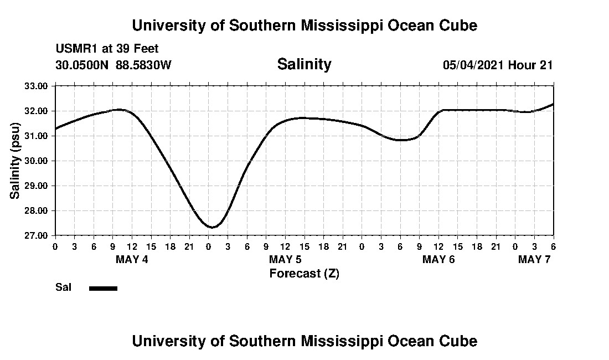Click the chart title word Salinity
(304, 64)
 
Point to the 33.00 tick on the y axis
(37, 86)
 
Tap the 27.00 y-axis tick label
(37, 235)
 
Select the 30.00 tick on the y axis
(37, 161)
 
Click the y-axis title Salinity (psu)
(15, 161)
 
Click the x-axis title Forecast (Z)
(304, 273)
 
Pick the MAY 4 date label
(132, 259)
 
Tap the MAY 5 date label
(285, 259)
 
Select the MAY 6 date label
(438, 259)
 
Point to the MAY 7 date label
(534, 259)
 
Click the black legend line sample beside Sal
(103, 288)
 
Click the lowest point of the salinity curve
(211, 227)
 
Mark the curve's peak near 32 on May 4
(120, 110)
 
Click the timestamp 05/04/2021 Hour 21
(498, 65)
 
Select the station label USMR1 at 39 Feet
(107, 49)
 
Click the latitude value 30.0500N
(82, 65)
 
